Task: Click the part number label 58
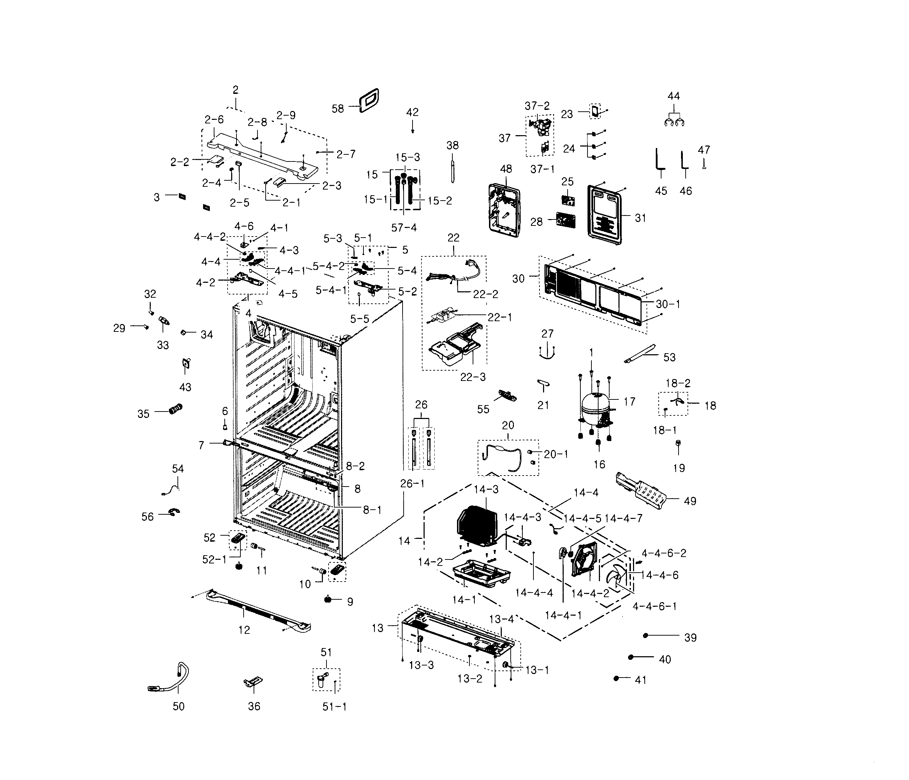[x=337, y=108]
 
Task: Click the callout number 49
[x=690, y=501]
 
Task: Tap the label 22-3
[x=473, y=377]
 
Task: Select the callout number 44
[x=674, y=96]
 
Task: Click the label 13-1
[x=537, y=670]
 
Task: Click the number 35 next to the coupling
[x=143, y=414]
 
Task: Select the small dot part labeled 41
[x=616, y=678]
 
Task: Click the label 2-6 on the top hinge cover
[x=214, y=119]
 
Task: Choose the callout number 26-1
[x=413, y=484]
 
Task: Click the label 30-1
[x=668, y=304]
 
